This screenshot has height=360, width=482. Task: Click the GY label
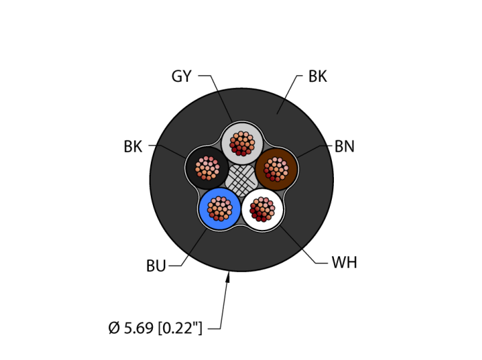pyautogui.click(x=181, y=76)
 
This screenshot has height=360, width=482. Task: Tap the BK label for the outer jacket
pyautogui.click(x=317, y=76)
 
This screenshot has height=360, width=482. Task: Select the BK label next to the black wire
pyautogui.click(x=133, y=147)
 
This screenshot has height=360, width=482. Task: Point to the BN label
pyautogui.click(x=344, y=147)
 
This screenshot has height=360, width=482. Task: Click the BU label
pyautogui.click(x=156, y=266)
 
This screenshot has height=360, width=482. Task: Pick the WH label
pyautogui.click(x=344, y=263)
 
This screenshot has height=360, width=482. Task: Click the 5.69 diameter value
pyautogui.click(x=138, y=328)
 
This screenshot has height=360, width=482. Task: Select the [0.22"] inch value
pyautogui.click(x=180, y=328)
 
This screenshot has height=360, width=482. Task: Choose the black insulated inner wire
pyautogui.click(x=207, y=168)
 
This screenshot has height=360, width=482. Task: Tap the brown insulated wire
pyautogui.click(x=276, y=168)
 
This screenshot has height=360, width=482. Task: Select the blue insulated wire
pyautogui.click(x=220, y=208)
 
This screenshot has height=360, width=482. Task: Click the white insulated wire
pyautogui.click(x=263, y=209)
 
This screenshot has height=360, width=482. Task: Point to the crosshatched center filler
pyautogui.click(x=242, y=181)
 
